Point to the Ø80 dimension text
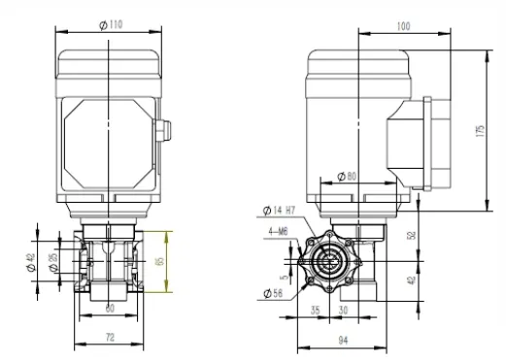348,176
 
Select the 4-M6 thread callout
278,230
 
